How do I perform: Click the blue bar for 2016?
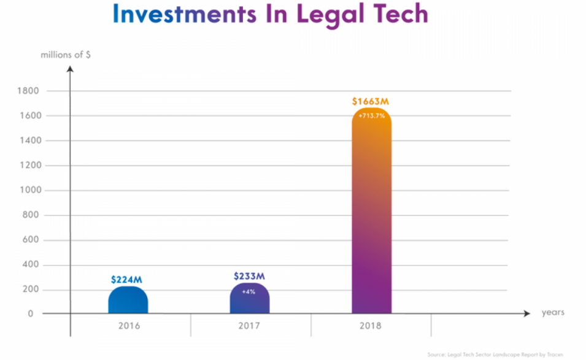[128, 301]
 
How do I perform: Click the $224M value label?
[127, 279]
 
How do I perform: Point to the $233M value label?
[249, 276]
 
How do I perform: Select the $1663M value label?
[371, 101]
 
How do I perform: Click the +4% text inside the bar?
[249, 291]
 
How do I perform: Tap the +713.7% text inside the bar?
[371, 115]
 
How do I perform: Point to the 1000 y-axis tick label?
[30, 190]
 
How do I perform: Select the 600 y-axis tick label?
[31, 240]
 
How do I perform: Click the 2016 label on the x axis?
[129, 326]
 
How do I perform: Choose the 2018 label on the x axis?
[370, 326]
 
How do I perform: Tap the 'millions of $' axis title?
[66, 55]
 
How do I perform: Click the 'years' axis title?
[553, 313]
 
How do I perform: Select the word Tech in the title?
[395, 15]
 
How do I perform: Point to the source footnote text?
[505, 354]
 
